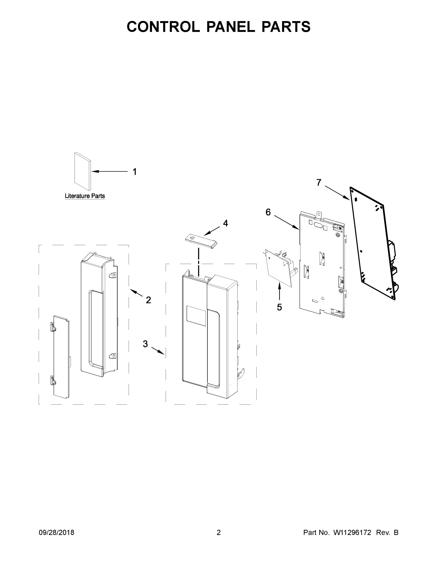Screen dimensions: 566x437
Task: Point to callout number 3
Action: click(145, 344)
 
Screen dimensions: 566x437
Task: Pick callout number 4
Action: click(225, 223)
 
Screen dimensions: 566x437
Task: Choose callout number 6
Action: click(268, 212)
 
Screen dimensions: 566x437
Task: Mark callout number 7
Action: click(319, 183)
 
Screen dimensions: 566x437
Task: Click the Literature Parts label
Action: click(85, 196)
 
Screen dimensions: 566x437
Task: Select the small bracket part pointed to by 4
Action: click(201, 241)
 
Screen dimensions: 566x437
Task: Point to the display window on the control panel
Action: click(196, 315)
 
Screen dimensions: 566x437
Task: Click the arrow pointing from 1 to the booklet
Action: click(110, 171)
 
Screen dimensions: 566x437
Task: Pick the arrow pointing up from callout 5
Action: click(279, 291)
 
